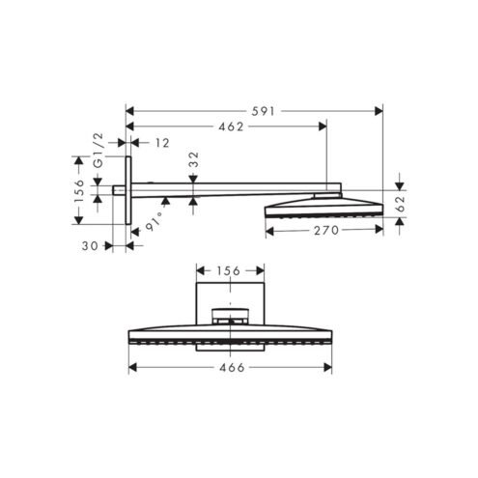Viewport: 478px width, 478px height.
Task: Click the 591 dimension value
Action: click(263, 111)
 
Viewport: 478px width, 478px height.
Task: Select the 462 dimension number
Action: click(231, 127)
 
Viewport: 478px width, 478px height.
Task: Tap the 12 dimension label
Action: click(162, 143)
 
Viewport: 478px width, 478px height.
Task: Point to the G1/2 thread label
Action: click(98, 151)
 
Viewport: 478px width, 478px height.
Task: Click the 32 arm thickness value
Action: click(194, 159)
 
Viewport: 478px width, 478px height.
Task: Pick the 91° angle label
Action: click(154, 222)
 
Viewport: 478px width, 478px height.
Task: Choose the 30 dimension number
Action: click(90, 246)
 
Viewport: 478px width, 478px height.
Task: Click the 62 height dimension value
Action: click(400, 204)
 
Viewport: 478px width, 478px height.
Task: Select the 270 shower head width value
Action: click(326, 231)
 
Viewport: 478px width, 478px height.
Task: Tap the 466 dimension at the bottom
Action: click(232, 368)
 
